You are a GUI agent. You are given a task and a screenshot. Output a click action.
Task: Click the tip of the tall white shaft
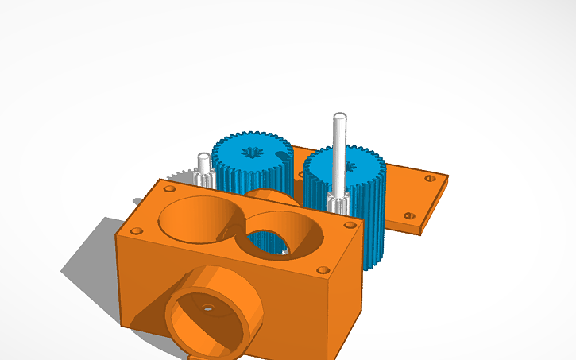pos(339,118)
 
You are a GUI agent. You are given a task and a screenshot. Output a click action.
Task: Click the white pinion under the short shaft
pos(206,179)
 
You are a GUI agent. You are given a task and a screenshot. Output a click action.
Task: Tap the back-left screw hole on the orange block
pos(168,189)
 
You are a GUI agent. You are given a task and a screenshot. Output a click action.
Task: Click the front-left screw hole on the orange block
pos(137,231)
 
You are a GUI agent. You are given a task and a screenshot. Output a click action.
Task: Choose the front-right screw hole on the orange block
pos(321,270)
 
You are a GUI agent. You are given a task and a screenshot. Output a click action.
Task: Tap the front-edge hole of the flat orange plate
pos(409,215)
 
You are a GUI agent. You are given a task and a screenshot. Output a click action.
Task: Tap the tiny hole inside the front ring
pos(208,307)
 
